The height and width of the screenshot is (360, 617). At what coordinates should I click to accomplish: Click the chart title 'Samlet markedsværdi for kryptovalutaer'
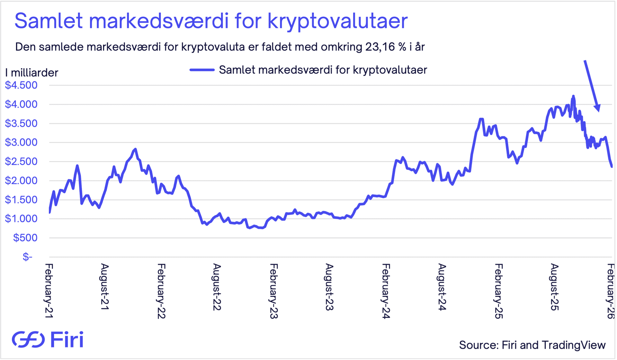point(211,21)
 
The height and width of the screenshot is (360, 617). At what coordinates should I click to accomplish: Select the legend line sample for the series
point(202,70)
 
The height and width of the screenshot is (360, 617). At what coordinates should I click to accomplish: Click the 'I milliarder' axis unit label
point(31,73)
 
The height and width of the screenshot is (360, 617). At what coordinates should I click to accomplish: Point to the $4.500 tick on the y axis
point(21,85)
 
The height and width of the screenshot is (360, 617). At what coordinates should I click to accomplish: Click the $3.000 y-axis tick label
point(21,142)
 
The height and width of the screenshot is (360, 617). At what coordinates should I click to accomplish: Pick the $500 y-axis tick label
point(25,238)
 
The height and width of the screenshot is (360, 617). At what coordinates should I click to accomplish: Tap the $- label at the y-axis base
point(28,257)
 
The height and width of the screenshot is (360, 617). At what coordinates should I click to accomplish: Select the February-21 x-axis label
point(49,291)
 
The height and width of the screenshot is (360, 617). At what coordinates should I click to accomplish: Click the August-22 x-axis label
point(217,287)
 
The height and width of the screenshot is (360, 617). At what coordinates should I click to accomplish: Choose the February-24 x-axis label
point(386,291)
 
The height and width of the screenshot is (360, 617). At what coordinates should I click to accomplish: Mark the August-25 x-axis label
point(554,287)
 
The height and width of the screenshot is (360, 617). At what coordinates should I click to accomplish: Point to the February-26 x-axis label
point(611,291)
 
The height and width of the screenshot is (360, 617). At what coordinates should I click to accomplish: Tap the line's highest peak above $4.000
point(573,96)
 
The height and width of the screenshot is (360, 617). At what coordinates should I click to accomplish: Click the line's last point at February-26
point(612,166)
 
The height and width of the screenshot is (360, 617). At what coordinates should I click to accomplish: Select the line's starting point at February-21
point(49,212)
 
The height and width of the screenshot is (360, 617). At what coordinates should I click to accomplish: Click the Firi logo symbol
point(28,339)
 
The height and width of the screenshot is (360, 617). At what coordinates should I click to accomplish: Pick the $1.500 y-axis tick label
point(21,200)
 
